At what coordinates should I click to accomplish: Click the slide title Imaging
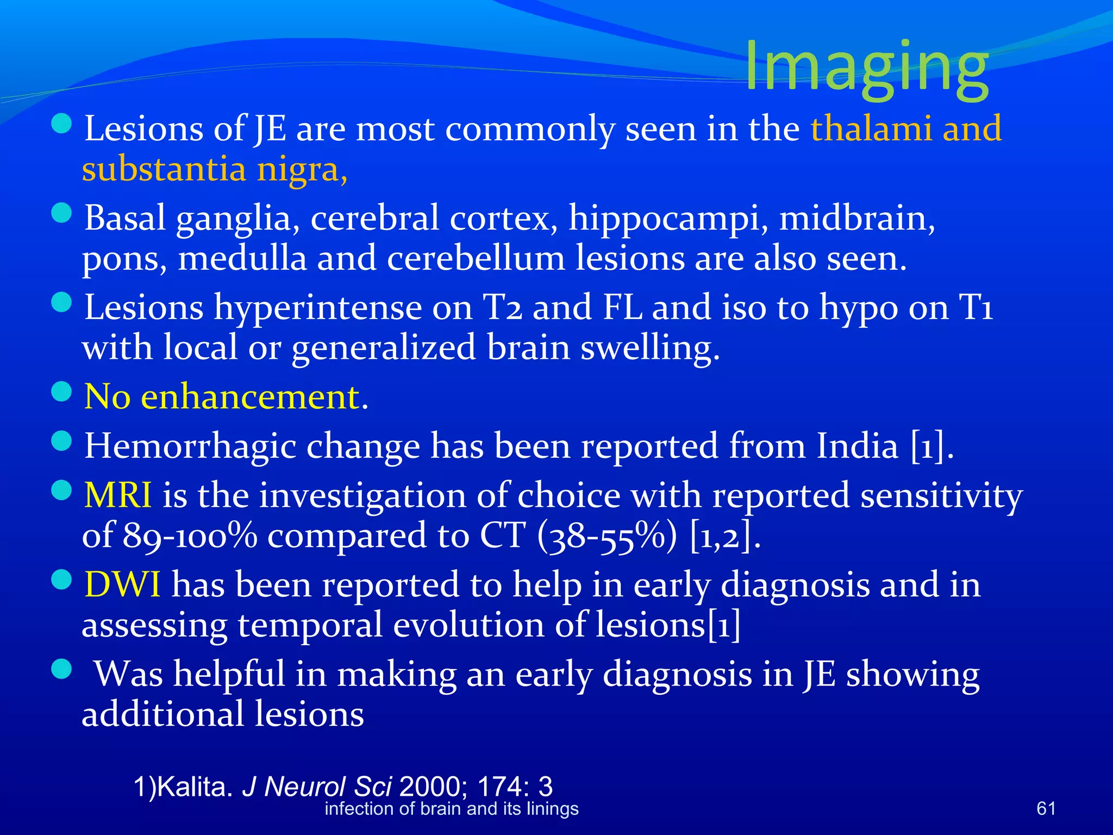[x=866, y=66]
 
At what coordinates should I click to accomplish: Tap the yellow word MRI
[x=118, y=495]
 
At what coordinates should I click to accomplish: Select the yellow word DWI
[x=122, y=585]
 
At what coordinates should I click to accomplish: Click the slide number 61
[x=1046, y=808]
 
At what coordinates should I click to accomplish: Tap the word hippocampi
[x=668, y=219]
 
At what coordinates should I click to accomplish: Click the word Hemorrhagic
[x=190, y=446]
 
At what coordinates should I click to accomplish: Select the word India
[x=858, y=446]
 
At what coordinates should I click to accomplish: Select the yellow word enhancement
[x=251, y=396]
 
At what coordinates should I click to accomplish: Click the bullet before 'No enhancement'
[x=62, y=391]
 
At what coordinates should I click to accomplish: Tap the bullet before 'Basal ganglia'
[x=62, y=213]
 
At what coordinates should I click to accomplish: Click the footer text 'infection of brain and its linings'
[x=451, y=809]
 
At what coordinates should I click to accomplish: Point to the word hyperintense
[x=317, y=308]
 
